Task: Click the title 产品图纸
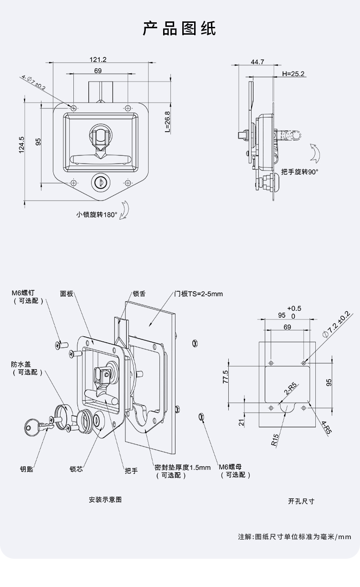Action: coord(180,28)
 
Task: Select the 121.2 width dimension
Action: coord(98,59)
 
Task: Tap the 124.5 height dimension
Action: coord(21,145)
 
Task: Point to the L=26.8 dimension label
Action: coord(167,122)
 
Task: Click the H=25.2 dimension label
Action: coord(293,73)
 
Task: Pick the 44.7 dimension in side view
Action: coord(257,62)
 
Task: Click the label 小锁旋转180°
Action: coord(97,215)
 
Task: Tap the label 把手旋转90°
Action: coord(299,172)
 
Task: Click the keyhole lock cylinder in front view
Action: coord(99,182)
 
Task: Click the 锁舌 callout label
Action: coord(139,294)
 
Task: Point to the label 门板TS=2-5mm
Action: coord(199,294)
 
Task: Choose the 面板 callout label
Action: coord(67,294)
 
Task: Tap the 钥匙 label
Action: coord(26,469)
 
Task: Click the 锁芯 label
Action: coord(76,469)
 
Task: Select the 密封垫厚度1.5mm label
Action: coord(182,467)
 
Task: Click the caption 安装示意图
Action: coord(105,499)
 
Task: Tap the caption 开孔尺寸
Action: coord(301,501)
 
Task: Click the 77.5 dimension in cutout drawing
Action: coord(226,377)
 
